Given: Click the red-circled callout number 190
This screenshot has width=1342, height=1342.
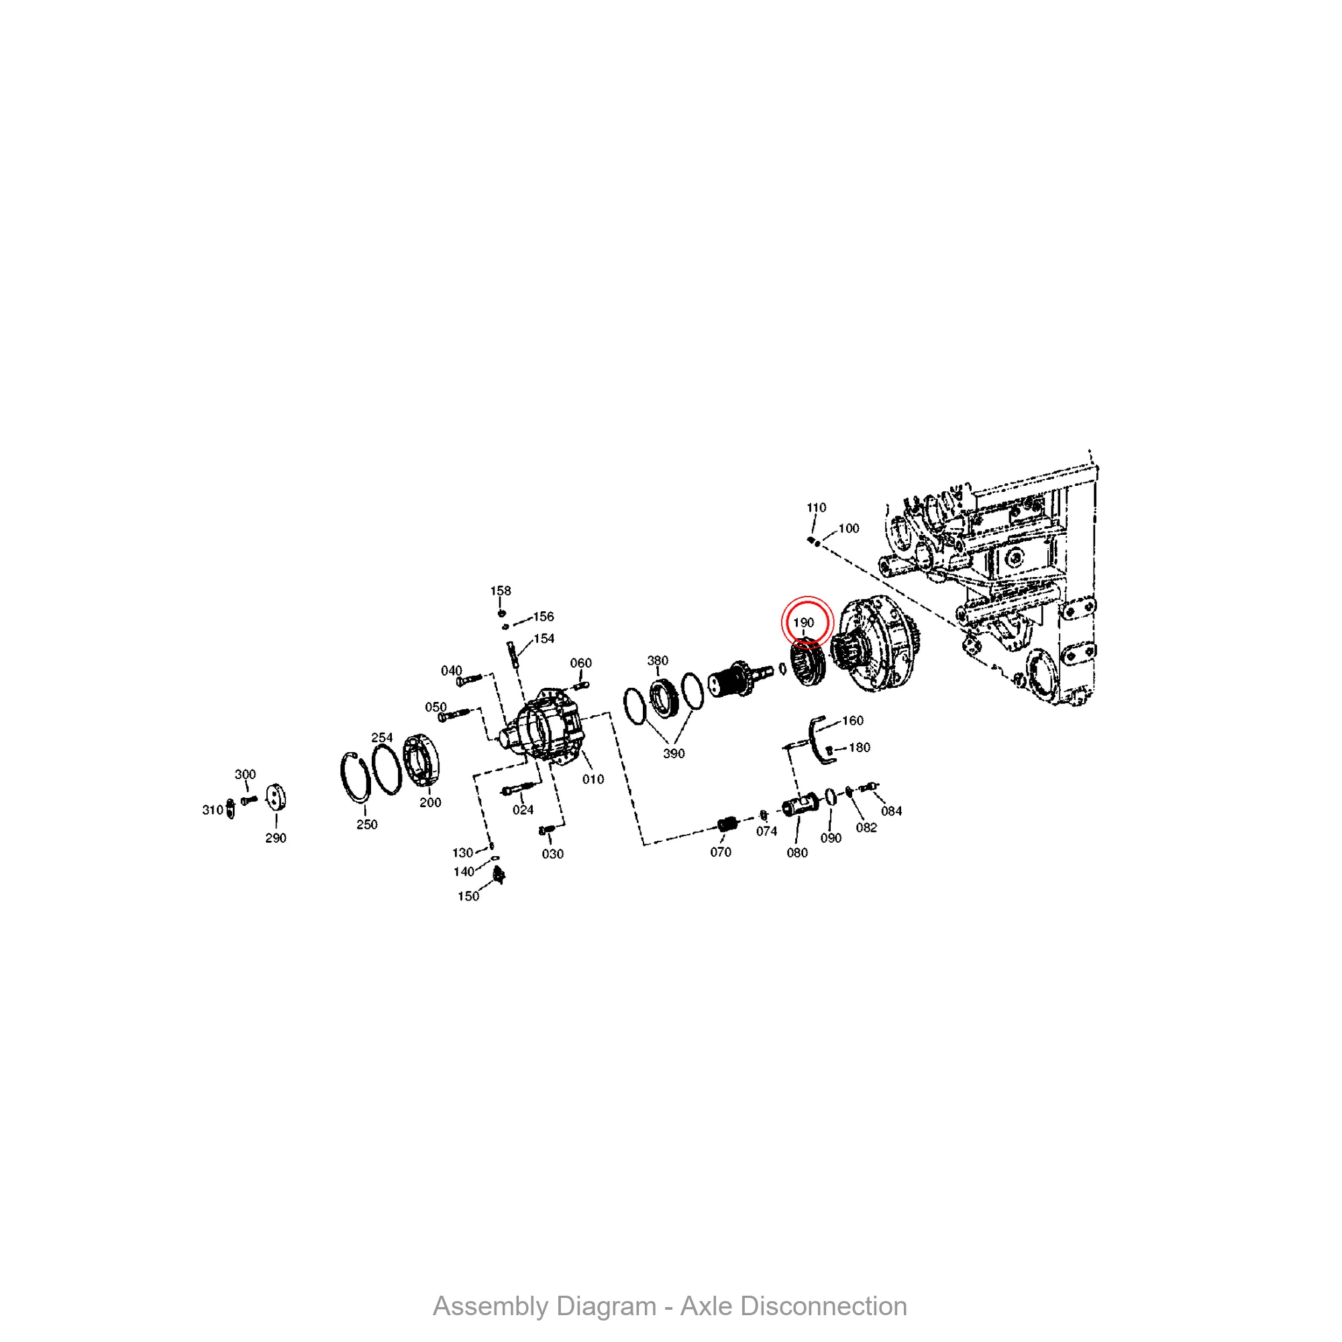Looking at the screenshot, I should point(804,623).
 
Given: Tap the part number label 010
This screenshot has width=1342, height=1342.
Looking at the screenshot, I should point(592,779).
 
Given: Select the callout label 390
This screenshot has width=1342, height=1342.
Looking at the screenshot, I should point(673,754).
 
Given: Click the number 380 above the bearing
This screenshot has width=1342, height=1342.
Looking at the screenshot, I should point(657,660).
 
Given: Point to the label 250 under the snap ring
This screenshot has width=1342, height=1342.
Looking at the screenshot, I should point(367,825).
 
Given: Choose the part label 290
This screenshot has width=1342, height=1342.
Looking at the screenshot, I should point(276,837).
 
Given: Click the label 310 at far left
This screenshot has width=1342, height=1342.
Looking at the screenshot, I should point(212,810).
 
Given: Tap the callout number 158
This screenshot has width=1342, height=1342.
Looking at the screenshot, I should point(500,590).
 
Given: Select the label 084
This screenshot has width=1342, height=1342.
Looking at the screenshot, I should point(891,811).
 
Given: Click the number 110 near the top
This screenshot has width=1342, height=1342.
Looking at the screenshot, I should point(816,508).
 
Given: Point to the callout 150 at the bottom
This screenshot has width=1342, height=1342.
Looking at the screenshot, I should point(468,896).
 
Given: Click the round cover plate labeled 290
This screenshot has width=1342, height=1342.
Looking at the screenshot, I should point(276,797).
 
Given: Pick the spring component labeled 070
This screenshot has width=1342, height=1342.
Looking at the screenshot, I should point(727,825).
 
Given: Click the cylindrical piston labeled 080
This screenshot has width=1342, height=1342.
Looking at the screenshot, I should point(801,806).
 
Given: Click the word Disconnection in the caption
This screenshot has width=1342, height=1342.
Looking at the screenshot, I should point(793,1306).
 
